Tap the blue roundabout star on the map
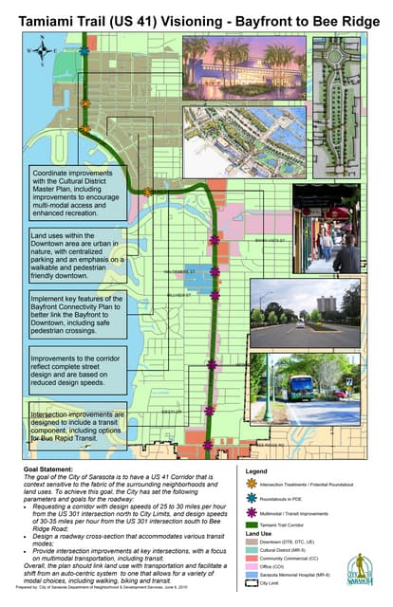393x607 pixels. (x=84, y=49)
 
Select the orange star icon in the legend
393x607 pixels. (x=253, y=483)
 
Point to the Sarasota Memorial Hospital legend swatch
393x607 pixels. (x=253, y=576)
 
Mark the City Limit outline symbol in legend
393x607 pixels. (x=253, y=584)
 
